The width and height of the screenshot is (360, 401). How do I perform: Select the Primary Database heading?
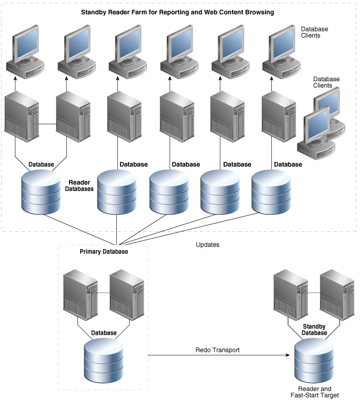[x=104, y=251]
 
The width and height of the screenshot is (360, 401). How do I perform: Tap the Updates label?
[x=208, y=245]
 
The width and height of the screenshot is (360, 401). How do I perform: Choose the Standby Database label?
[x=314, y=329]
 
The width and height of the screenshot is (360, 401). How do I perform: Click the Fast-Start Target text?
[x=314, y=396]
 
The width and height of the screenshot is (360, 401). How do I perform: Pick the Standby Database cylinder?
[x=315, y=361]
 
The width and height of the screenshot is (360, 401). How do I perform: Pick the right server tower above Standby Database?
[x=337, y=293]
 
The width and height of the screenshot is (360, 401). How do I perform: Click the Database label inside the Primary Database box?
[x=104, y=333]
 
